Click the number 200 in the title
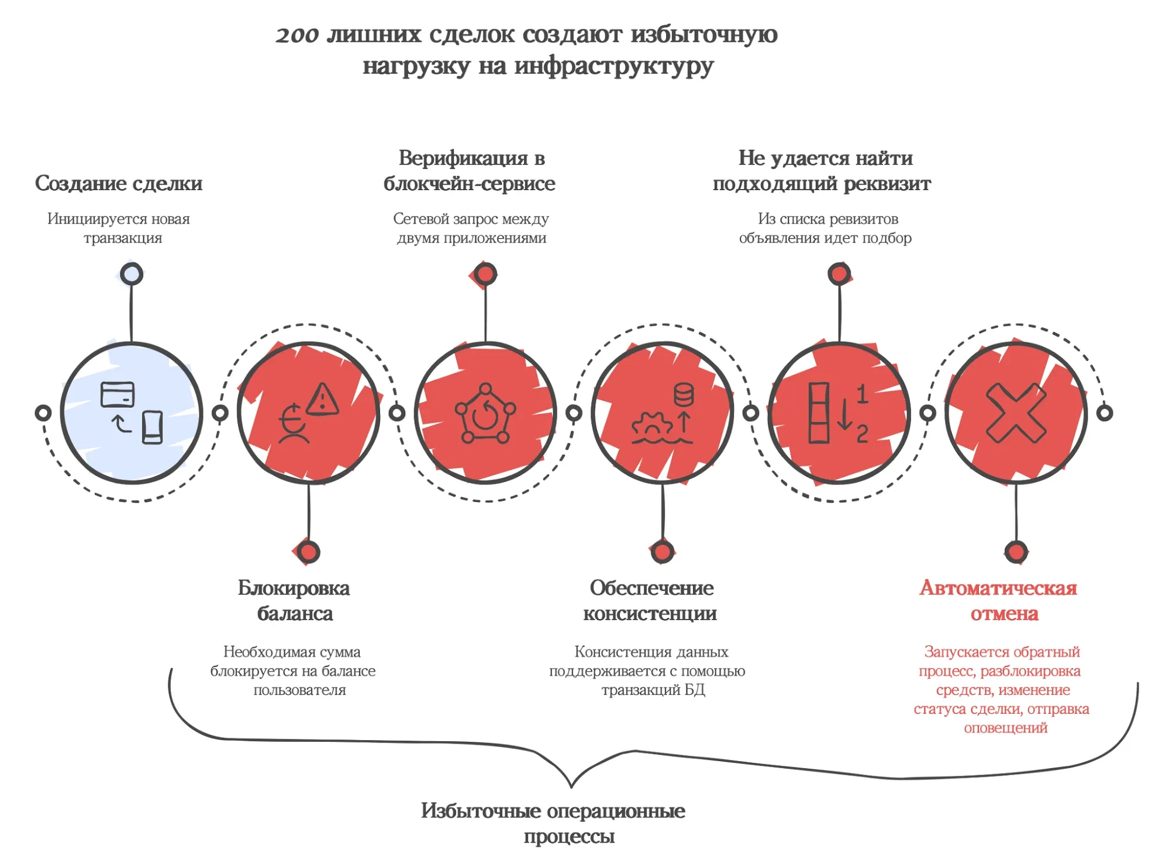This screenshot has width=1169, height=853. (x=297, y=35)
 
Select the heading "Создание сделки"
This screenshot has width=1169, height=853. (x=119, y=183)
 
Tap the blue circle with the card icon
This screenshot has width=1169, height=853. (x=132, y=413)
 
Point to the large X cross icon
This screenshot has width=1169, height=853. (x=1016, y=413)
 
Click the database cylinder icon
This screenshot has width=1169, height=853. (x=684, y=395)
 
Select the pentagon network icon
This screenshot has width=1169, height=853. (x=485, y=413)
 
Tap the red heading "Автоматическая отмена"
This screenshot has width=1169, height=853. (x=998, y=601)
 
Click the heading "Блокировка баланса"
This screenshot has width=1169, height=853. (x=294, y=601)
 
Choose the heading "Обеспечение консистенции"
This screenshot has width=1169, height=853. (x=650, y=601)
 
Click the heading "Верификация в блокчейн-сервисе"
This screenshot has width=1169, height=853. (x=470, y=170)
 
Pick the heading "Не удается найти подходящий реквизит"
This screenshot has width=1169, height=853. (x=822, y=170)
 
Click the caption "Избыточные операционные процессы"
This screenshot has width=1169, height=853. (x=553, y=823)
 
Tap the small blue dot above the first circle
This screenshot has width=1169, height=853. (x=132, y=274)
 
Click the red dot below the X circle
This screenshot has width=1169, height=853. (x=1016, y=551)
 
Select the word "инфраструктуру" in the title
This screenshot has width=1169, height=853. (x=614, y=66)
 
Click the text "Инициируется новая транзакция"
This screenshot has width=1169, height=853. (x=119, y=228)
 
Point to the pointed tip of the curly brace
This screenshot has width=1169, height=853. (x=571, y=785)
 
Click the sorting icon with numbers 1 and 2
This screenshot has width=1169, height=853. (x=838, y=413)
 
